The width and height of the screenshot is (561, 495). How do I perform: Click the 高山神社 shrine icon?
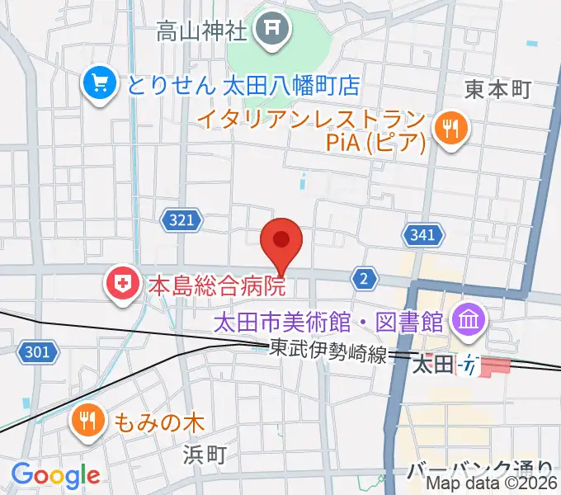pyautogui.click(x=271, y=32)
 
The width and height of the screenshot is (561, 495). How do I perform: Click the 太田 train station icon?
pyautogui.click(x=470, y=362)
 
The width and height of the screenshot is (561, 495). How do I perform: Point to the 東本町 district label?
pyautogui.click(x=497, y=89)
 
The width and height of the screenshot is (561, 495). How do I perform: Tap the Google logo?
pyautogui.click(x=54, y=475)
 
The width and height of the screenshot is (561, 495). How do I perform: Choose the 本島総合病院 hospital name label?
pyautogui.click(x=216, y=286)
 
